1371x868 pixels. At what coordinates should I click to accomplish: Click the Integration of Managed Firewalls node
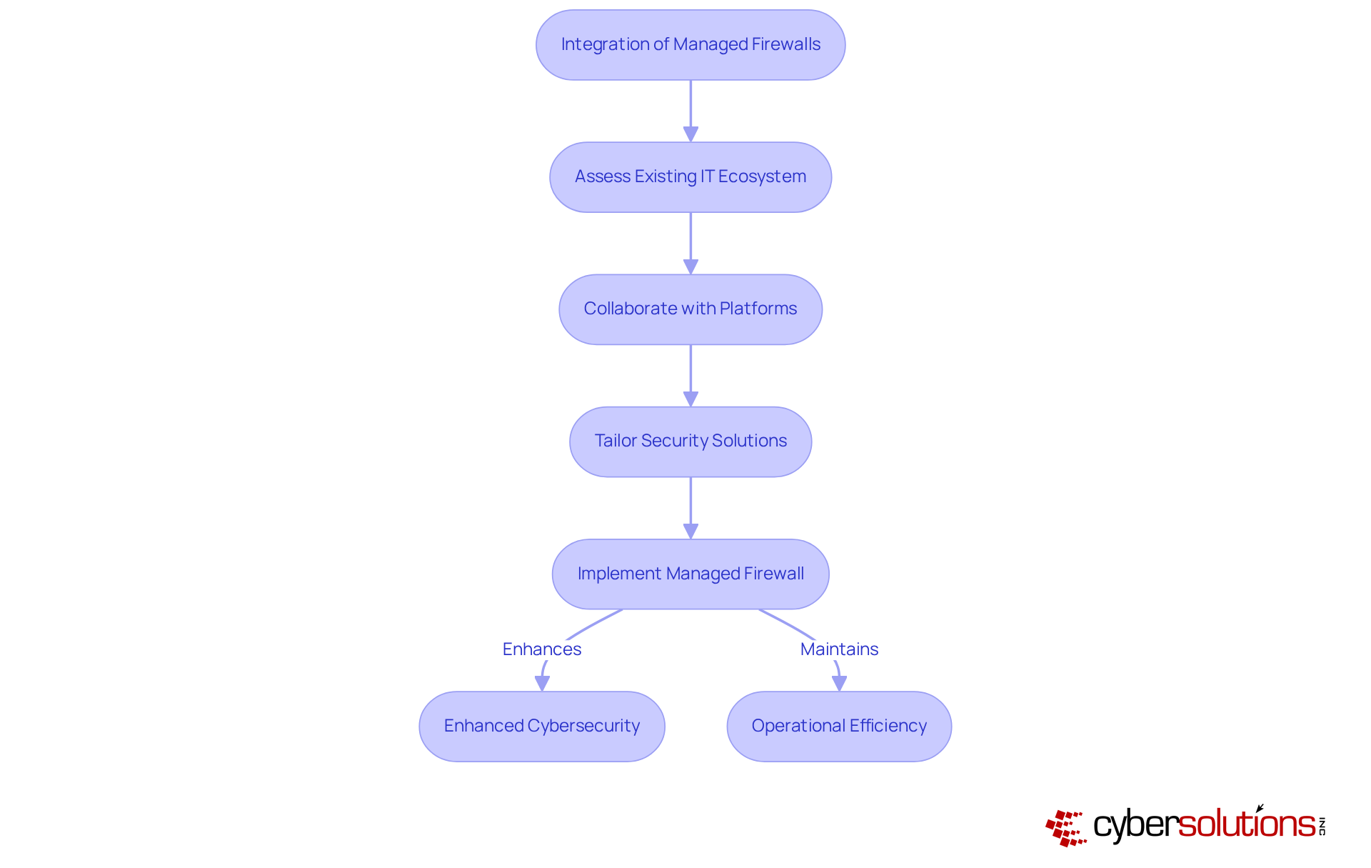(690, 45)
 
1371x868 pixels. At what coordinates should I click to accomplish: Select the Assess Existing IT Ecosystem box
(690, 177)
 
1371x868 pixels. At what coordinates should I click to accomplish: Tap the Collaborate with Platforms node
(690, 309)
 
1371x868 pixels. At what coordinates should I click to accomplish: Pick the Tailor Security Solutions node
(690, 442)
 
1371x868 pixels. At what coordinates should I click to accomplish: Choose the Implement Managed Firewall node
(690, 574)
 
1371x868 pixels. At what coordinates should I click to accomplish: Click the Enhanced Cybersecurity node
(542, 726)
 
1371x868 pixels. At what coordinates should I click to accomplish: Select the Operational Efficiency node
(839, 726)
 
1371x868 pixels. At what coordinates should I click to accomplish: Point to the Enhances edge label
(542, 649)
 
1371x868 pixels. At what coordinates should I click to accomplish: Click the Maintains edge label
(839, 649)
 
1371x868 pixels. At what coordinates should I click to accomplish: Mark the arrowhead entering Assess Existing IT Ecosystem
(690, 134)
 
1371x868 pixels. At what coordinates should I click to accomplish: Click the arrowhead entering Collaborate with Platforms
(690, 266)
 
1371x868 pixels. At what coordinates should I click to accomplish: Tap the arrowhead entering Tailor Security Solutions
(690, 399)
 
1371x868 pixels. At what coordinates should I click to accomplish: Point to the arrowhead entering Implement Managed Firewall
(690, 532)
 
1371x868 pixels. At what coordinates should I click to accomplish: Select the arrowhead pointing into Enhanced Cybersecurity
(543, 683)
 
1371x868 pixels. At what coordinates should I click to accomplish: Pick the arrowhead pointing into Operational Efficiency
(840, 683)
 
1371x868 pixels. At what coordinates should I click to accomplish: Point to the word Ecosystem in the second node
(762, 176)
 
